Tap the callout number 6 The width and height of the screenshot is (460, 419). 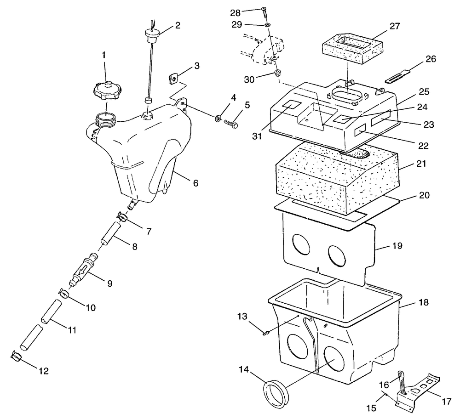pyautogui.click(x=195, y=183)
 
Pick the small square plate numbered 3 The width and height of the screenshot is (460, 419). pyautogui.click(x=173, y=79)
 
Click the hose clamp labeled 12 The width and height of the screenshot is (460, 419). pyautogui.click(x=15, y=355)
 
